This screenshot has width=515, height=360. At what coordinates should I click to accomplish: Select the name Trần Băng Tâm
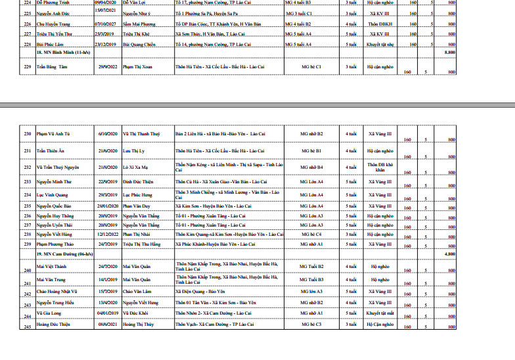pos(54,67)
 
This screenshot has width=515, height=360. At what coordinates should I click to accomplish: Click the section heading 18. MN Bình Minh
pos(62,51)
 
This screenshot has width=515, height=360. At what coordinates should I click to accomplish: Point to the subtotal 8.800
pos(450,51)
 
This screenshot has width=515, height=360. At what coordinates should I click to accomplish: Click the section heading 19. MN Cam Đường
pos(64,253)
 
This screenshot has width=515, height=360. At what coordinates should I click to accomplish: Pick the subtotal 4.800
pos(450,253)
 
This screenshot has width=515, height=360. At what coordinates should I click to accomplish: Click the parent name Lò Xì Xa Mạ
pos(137,167)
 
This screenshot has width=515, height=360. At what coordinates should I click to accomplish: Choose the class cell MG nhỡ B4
pos(311,167)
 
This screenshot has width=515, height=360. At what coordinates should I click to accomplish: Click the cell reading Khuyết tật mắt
pos(380,315)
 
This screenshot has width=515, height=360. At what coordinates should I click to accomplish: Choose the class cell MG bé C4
pos(311,234)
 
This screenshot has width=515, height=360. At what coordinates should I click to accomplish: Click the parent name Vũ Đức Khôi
pos(138,315)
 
